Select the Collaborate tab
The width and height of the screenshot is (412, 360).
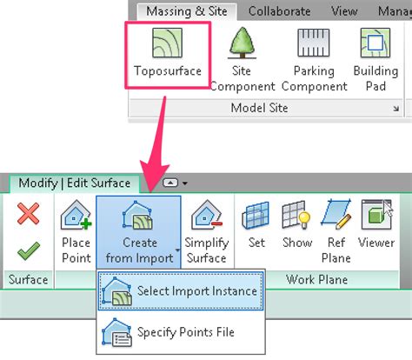point(279,11)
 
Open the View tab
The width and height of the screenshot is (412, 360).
point(344,11)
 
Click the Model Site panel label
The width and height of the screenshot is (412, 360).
point(260,108)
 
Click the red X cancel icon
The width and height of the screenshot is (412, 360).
point(28,213)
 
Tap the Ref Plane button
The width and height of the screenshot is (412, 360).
point(336,230)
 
